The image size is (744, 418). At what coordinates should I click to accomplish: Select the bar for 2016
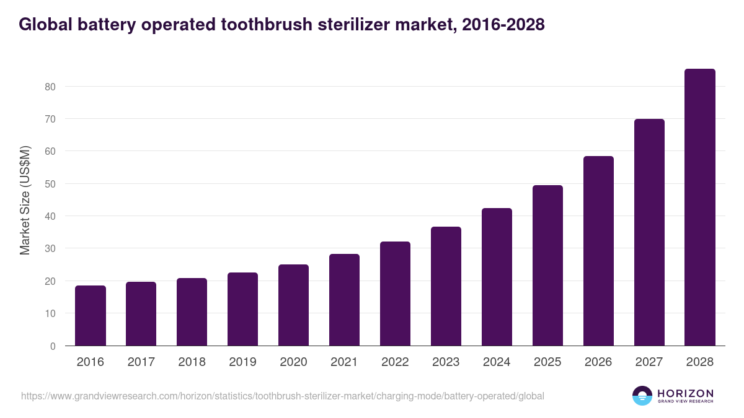91,316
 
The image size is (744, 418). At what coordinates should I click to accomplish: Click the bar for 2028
699,207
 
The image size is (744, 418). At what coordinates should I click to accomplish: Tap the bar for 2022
395,294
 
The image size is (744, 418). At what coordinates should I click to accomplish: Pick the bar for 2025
547,266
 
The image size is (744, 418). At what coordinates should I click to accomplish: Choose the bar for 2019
242,309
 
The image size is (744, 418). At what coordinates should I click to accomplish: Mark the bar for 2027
649,232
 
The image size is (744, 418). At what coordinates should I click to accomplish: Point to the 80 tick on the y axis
50,87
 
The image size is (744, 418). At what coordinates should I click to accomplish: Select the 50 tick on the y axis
50,184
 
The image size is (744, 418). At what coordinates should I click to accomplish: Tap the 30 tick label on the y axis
50,249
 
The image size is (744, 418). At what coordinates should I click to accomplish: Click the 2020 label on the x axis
293,362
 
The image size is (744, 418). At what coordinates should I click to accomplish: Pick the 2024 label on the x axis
497,362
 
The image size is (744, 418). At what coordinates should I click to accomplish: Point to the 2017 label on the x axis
141,362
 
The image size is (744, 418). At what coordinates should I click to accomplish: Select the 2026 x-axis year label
598,362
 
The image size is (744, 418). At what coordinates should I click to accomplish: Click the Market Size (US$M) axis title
25,200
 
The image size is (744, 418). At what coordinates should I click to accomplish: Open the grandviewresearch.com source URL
282,396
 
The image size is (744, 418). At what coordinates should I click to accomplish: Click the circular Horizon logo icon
642,396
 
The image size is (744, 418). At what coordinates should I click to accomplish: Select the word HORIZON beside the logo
685,393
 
